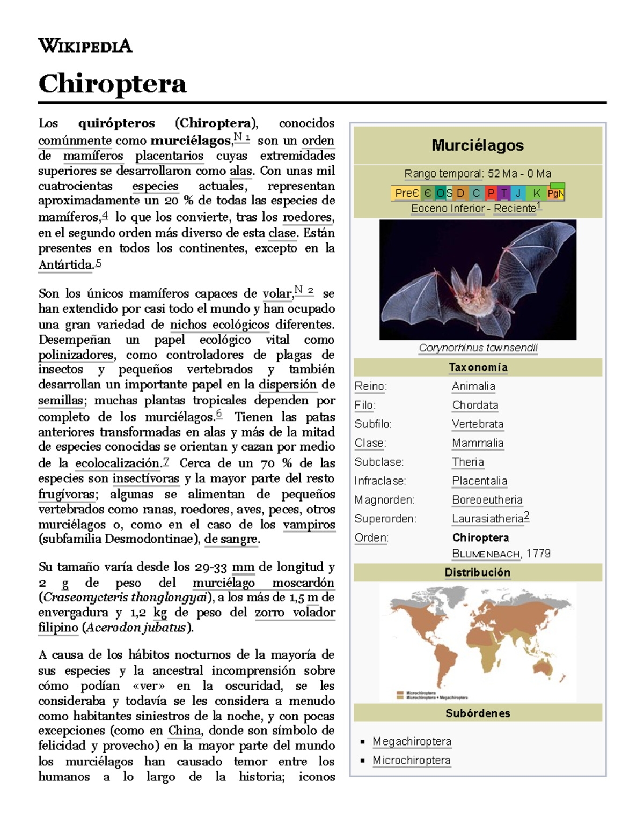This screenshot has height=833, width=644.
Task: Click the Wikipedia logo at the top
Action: tap(85, 46)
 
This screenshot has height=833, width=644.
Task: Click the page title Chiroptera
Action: tap(112, 84)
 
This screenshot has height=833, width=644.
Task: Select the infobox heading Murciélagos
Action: tap(477, 145)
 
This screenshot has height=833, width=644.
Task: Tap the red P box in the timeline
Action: tap(491, 193)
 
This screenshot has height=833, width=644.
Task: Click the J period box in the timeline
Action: tap(518, 193)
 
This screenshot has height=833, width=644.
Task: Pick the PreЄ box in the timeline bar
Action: tap(406, 193)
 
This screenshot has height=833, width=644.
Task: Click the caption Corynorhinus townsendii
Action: tap(478, 348)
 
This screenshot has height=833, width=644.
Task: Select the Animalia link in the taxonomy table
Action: tap(473, 386)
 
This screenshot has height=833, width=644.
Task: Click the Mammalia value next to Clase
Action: tap(478, 443)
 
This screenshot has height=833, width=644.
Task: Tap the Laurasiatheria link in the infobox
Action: tap(487, 519)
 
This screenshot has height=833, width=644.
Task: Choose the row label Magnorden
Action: tap(384, 500)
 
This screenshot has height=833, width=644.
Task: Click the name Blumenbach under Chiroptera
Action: tap(486, 554)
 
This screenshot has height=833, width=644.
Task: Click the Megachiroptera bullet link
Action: tap(412, 741)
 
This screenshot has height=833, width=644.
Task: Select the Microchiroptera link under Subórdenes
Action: tap(412, 761)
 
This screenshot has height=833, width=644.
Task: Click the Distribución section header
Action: tap(477, 572)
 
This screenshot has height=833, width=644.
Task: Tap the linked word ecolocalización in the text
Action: tap(118, 463)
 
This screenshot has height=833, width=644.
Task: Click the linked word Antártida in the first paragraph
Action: tap(65, 265)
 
